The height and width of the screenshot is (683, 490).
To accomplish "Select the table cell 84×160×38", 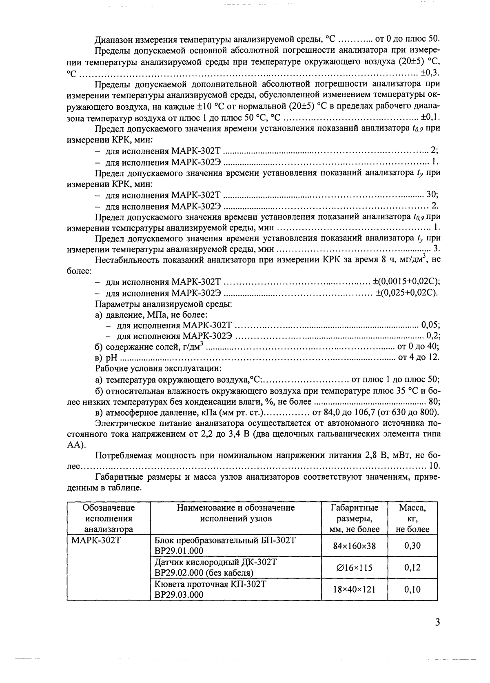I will click(x=354, y=545).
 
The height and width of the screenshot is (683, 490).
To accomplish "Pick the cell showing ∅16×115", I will click(x=354, y=567).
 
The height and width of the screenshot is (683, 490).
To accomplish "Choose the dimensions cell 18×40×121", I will click(x=354, y=590).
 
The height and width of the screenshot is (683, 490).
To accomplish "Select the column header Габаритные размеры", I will click(x=354, y=518).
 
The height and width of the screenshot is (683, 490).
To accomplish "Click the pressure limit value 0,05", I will click(x=430, y=325).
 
